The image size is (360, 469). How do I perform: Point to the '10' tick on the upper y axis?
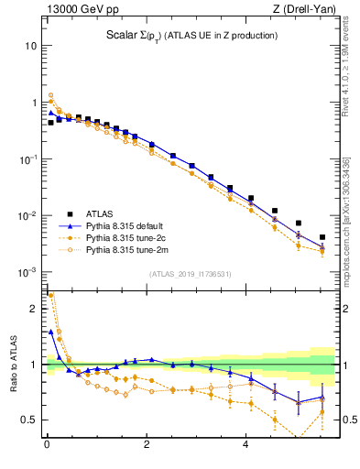tap(31, 46)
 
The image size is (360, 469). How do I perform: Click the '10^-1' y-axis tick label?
tap(28, 159)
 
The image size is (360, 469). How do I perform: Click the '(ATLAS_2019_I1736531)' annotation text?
tap(190, 274)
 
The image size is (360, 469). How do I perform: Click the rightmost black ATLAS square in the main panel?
tap(322, 237)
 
